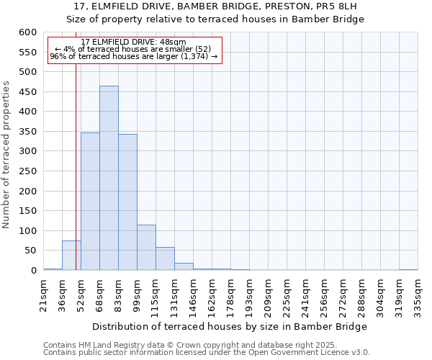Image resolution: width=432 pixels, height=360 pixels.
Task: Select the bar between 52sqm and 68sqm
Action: click(90, 202)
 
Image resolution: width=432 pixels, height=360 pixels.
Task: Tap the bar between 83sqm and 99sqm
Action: click(127, 202)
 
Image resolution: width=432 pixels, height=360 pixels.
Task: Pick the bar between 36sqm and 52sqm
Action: click(71, 256)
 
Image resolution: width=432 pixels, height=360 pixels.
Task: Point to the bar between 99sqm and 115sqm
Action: click(146, 248)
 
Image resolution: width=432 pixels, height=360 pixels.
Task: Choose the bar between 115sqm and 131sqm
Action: click(165, 258)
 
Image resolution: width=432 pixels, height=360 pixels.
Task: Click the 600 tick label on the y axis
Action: click(27, 32)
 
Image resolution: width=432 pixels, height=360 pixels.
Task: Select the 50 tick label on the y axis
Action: click(30, 251)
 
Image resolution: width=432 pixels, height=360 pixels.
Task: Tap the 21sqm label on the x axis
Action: click(44, 295)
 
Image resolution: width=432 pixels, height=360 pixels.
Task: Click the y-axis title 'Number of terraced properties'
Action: click(6, 154)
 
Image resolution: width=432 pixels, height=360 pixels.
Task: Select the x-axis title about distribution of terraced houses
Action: click(230, 326)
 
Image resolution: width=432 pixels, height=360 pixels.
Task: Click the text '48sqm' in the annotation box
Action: click(174, 42)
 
